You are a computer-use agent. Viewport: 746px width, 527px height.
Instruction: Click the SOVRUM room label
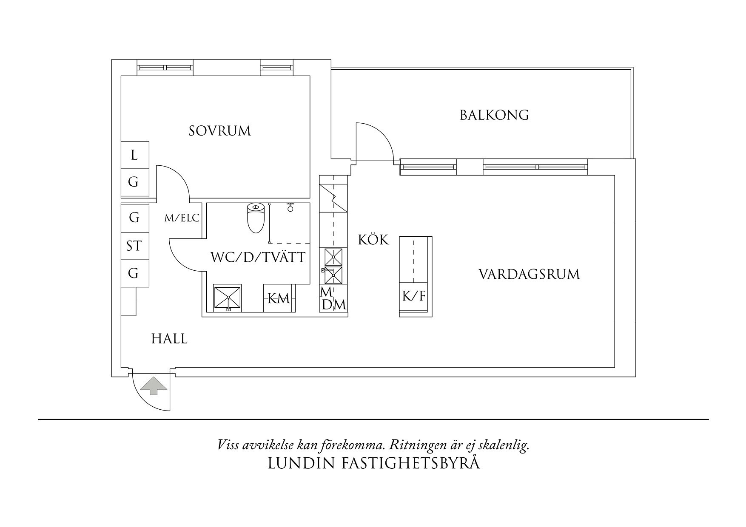click(219, 130)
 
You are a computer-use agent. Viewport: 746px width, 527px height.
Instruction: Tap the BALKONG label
click(494, 115)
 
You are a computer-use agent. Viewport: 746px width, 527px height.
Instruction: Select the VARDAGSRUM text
click(529, 274)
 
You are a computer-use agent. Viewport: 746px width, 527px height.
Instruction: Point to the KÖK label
click(373, 240)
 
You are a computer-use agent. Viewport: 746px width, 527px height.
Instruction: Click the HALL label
click(169, 339)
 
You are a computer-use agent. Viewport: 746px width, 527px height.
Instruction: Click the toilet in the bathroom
click(256, 218)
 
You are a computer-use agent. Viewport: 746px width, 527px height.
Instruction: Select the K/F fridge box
click(414, 296)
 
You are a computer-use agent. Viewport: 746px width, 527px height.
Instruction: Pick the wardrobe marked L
click(134, 155)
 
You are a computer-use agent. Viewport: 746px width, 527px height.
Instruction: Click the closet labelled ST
click(134, 246)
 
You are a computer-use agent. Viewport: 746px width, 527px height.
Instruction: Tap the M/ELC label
click(182, 218)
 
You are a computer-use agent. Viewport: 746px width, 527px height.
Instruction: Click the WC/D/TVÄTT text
click(258, 257)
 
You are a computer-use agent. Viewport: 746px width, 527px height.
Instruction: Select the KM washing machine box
click(278, 299)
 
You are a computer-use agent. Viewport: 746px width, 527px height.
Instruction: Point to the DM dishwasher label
click(334, 305)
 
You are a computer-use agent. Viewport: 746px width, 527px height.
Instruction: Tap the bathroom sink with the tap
click(227, 298)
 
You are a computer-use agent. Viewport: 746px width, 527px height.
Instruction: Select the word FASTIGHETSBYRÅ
click(411, 463)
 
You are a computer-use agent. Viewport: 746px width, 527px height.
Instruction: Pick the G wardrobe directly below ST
click(134, 273)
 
